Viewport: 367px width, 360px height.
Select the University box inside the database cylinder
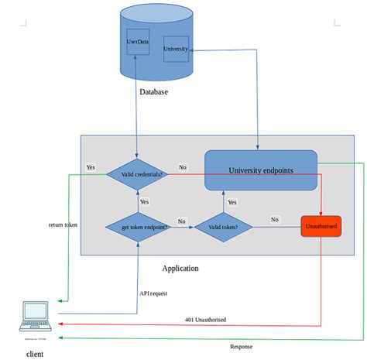click(x=176, y=49)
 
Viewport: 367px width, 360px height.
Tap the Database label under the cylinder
click(x=153, y=92)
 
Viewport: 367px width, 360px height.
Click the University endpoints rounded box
click(x=261, y=170)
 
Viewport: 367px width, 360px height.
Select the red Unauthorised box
click(x=321, y=226)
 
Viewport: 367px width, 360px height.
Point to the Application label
click(x=180, y=268)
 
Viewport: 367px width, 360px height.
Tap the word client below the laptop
click(x=34, y=354)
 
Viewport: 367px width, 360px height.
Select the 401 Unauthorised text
click(x=205, y=320)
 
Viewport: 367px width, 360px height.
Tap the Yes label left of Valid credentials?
click(x=91, y=166)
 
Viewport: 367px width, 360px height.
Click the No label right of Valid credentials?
click(x=182, y=166)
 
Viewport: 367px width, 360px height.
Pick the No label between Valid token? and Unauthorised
click(x=274, y=219)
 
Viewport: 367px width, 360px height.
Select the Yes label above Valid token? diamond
click(x=232, y=202)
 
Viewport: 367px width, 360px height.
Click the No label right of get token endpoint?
click(x=182, y=221)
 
